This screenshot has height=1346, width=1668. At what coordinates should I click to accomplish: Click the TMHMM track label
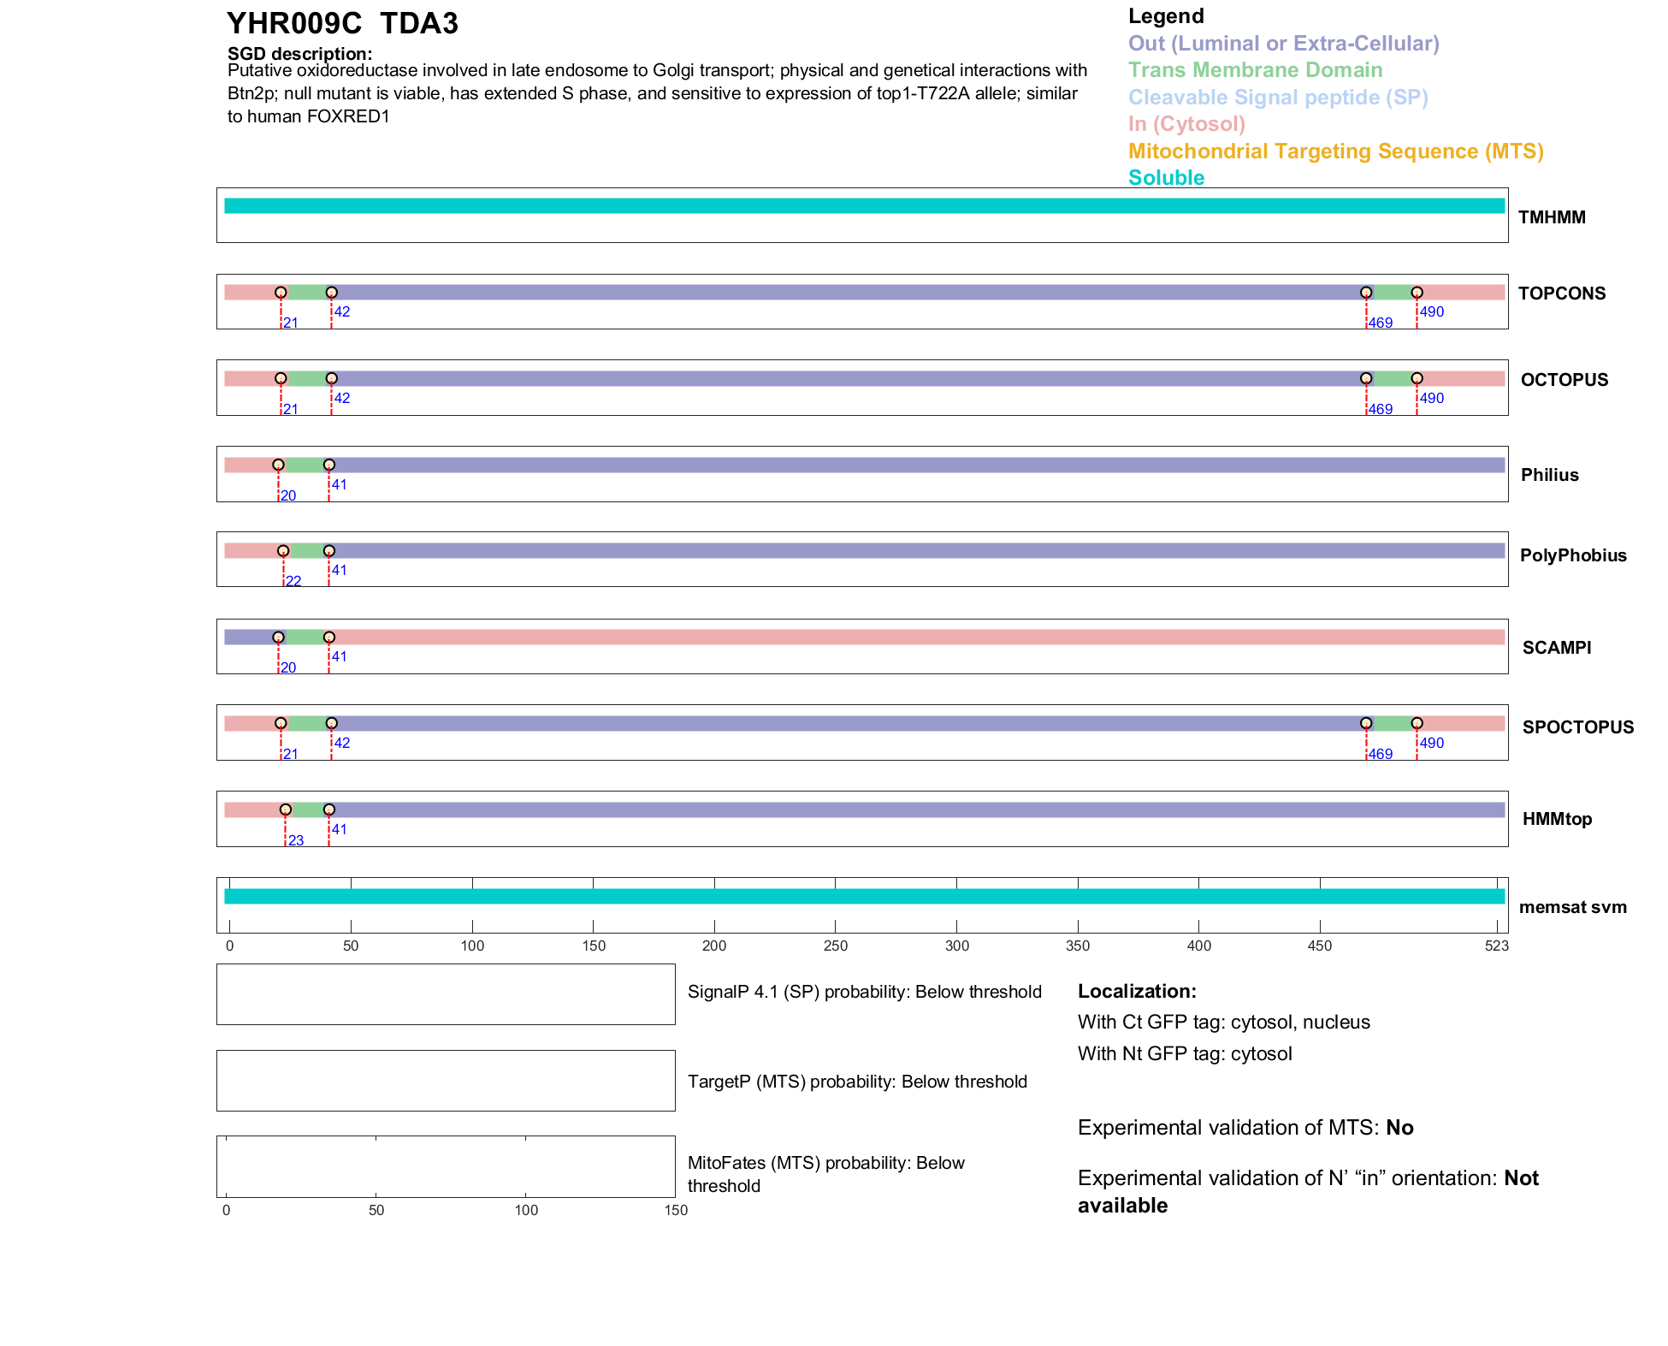tap(1551, 217)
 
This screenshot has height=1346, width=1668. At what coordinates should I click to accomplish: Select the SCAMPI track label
tap(1556, 648)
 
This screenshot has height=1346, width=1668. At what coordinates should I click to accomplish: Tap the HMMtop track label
tap(1557, 819)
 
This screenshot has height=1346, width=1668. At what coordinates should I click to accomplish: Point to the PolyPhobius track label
tap(1572, 555)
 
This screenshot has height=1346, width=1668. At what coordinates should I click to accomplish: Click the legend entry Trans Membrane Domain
tap(1255, 70)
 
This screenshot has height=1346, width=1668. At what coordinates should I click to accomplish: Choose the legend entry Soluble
tap(1166, 178)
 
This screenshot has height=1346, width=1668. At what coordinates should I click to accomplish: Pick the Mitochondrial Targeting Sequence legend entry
tap(1335, 151)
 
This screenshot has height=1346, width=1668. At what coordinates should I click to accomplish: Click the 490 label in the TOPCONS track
tap(1431, 312)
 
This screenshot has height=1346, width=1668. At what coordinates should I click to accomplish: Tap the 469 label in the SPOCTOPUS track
tap(1380, 755)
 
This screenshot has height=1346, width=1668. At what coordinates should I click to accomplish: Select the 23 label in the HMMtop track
tap(296, 841)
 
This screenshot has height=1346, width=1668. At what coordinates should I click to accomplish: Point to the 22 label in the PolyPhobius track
tap(293, 582)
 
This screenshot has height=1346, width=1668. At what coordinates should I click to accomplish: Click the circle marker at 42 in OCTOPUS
tap(332, 378)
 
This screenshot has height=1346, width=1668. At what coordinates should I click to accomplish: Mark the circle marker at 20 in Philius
tap(278, 465)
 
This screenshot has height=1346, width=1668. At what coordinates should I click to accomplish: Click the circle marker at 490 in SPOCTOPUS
tap(1417, 723)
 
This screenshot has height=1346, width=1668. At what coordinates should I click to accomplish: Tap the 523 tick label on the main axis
tap(1496, 946)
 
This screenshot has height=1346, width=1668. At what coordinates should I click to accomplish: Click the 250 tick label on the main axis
tap(835, 946)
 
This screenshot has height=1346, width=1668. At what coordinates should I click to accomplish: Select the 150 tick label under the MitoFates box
tap(676, 1211)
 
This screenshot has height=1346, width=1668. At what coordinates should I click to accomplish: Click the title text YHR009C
tap(294, 24)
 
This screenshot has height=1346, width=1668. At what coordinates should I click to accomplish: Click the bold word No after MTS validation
tap(1399, 1128)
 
